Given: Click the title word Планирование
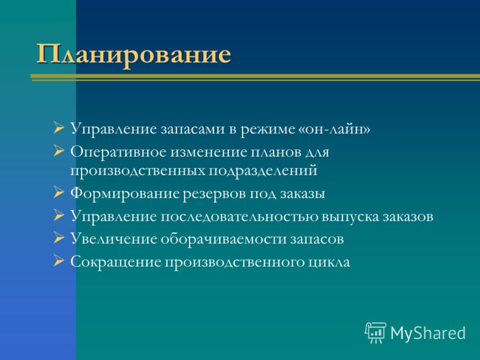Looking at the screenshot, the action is coord(133,55).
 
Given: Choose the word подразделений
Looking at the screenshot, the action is coord(263,171).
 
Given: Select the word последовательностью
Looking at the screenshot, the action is coord(239,217).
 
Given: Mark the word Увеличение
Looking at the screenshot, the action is coord(113,239).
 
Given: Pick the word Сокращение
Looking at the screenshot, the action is coord(116,262).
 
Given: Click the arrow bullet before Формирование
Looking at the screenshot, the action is coord(58,193).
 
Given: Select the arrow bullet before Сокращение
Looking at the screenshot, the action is coord(58,261).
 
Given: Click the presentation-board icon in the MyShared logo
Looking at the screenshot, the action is coord(376,332).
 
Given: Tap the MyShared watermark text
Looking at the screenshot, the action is coord(428,333).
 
